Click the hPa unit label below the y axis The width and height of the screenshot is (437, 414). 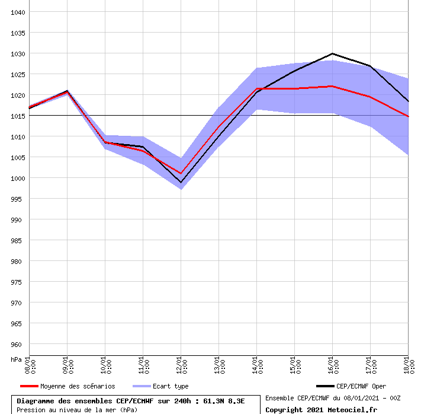point(16,359)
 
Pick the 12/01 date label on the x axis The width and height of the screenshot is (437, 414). point(181,365)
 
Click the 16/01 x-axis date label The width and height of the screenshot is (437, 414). point(332,365)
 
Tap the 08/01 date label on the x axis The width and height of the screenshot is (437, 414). point(29,365)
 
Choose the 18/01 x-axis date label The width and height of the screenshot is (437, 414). point(408,365)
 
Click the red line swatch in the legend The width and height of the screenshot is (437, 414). point(29,386)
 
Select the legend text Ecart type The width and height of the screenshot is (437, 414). point(171,386)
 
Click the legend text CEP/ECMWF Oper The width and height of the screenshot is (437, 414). point(361,386)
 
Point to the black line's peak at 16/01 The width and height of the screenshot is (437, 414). point(332,53)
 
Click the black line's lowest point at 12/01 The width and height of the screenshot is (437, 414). point(181,183)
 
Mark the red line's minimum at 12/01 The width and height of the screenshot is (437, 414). point(181,173)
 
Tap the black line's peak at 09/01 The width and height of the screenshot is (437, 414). point(67,91)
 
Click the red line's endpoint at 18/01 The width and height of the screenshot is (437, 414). point(407,116)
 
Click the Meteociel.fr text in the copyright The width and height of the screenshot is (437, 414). point(352,409)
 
